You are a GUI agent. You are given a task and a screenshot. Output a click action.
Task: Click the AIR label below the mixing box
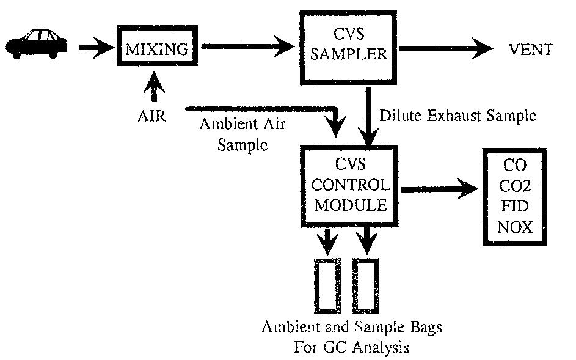151,116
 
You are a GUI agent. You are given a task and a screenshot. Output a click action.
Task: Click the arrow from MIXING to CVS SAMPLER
247,45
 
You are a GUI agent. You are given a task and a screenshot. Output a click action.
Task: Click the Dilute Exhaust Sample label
458,115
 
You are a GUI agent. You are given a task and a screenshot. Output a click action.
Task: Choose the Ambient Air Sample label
242,134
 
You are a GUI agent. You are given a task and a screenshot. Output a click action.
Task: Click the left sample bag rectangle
328,285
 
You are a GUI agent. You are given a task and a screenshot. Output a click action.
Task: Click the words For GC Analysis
351,347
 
